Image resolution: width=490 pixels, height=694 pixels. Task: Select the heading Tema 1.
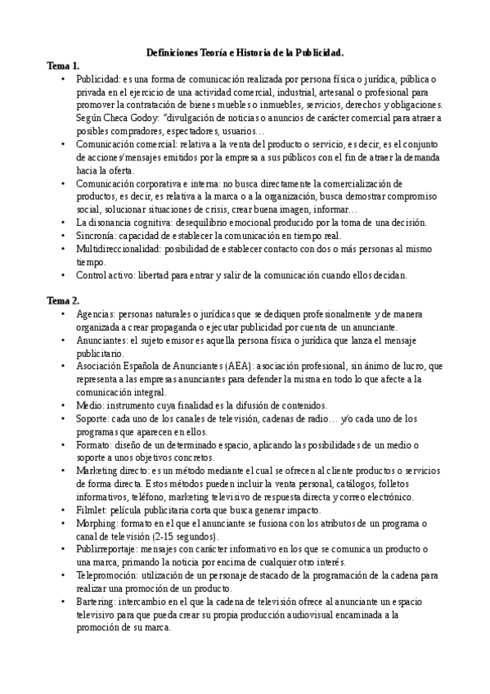point(63,65)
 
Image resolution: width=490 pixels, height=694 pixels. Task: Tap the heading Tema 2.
point(63,301)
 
